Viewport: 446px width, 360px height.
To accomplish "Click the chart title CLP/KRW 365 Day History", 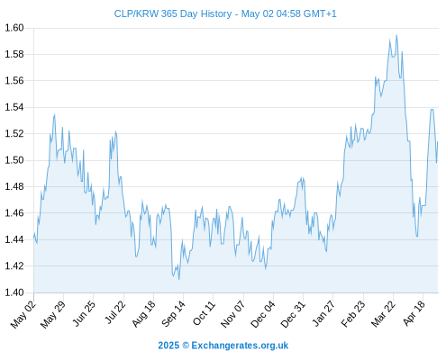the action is tap(173, 13).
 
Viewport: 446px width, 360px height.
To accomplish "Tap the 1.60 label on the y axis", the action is tap(14, 28).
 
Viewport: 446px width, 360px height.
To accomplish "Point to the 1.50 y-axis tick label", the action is tap(14, 160).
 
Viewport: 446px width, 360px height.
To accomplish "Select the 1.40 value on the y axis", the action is tap(14, 292).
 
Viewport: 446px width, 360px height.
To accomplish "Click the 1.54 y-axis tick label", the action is tap(14, 107).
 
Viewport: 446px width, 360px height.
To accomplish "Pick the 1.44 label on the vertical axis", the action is tap(14, 239).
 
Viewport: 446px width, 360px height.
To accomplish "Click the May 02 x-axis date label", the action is tap(23, 314).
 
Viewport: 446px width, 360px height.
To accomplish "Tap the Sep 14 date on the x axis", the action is tap(173, 314).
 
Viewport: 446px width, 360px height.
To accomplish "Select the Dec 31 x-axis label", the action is tap(293, 314).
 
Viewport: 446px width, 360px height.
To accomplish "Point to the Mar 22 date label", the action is tap(383, 314).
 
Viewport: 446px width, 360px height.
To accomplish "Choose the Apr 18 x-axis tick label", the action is tap(414, 313).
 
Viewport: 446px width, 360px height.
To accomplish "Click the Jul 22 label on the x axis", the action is tap(115, 312).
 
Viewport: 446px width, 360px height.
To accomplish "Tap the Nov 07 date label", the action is tap(232, 314).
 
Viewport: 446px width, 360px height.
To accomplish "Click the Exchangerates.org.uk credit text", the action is tap(240, 346).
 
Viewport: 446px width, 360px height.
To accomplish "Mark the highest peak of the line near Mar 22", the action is tap(396, 35).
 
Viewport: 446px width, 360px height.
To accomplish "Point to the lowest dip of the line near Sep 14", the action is tap(179, 280).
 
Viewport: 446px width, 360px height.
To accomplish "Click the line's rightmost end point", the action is tap(438, 141).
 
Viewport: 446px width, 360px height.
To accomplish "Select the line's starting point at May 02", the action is tap(34, 238).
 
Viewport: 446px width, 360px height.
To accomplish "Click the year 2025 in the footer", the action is tap(168, 346).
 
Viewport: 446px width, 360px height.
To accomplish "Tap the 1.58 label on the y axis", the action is tap(14, 54).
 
